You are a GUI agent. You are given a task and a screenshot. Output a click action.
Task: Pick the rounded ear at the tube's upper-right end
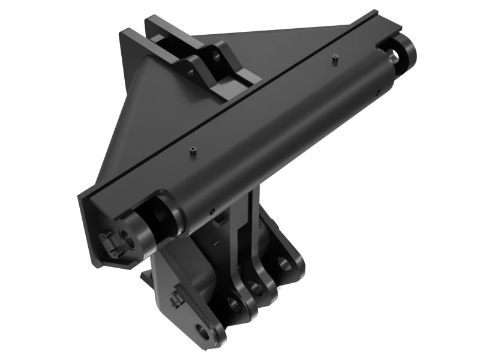point(406,53)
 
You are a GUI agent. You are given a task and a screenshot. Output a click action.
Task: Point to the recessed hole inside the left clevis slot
point(161,215)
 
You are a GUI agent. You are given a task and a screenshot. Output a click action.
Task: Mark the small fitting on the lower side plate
point(176,298)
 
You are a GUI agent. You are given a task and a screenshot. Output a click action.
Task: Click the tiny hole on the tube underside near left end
point(211,211)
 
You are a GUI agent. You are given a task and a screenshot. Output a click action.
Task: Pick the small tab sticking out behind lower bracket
point(146,277)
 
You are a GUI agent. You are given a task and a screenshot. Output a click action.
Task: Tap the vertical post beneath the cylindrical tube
point(246,228)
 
